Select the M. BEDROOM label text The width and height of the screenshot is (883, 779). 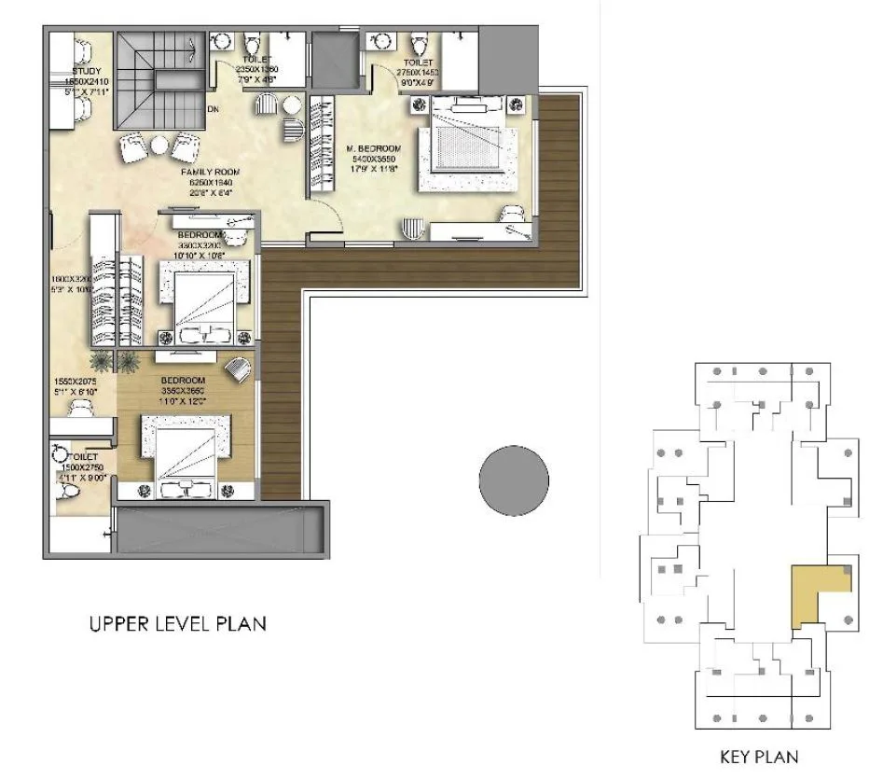pos(373,149)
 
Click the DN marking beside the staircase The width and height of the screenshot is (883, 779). pos(214,108)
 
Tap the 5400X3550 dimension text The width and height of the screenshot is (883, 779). pos(373,160)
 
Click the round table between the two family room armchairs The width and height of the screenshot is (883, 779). pos(160,145)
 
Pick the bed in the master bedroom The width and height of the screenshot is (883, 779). pos(471,143)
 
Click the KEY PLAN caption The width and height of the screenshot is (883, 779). pos(759,757)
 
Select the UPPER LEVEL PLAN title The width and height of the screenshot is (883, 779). pos(177,623)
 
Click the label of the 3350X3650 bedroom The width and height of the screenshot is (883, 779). pos(182,381)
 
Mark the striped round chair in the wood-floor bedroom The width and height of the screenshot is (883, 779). pos(238,369)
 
